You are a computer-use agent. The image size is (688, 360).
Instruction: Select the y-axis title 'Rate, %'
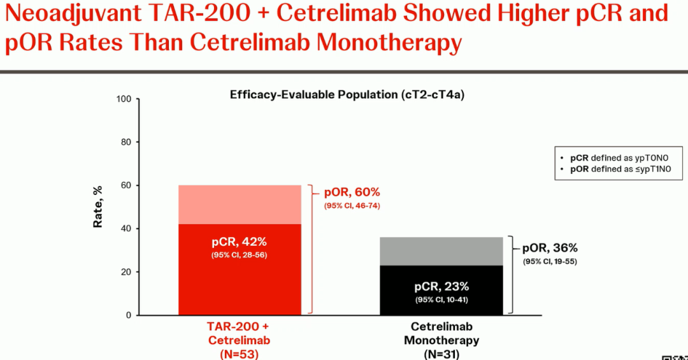click(x=98, y=207)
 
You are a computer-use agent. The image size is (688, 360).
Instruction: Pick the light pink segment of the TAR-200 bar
click(x=239, y=205)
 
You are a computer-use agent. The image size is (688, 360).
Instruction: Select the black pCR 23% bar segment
click(x=441, y=290)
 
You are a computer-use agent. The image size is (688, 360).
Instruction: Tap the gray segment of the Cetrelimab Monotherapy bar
click(x=441, y=251)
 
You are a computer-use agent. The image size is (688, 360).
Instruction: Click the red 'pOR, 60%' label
click(x=352, y=192)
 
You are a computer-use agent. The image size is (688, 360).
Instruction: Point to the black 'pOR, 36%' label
click(x=550, y=248)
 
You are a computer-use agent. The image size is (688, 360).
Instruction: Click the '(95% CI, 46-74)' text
click(x=352, y=205)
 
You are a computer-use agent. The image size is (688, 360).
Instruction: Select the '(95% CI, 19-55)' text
click(x=550, y=261)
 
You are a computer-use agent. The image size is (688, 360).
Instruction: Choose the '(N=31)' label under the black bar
click(x=441, y=354)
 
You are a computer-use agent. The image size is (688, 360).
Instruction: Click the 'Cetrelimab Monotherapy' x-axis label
click(x=441, y=333)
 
